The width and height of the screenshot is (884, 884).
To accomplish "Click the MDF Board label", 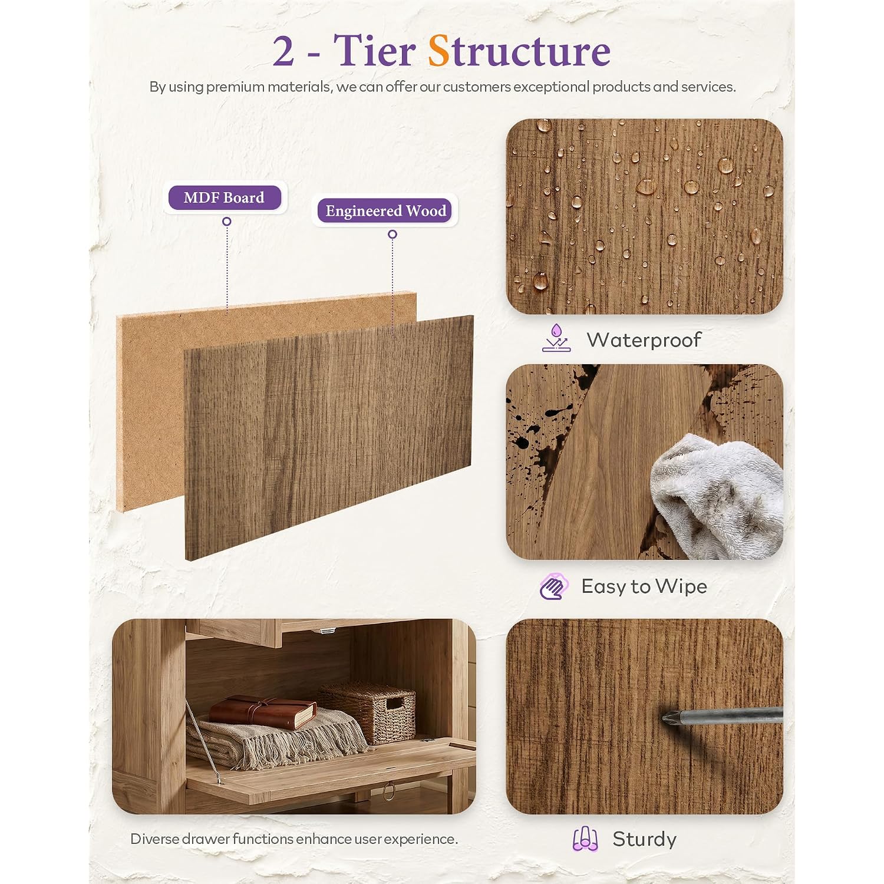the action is pos(224,197).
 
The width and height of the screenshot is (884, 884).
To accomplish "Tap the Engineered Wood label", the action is pos(385,211).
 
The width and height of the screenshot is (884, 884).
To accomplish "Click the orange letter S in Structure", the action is pos(438,51).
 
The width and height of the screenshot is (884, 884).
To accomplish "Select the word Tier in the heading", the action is pos(375,50).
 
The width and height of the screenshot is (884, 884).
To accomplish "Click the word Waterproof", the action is pos(644,340).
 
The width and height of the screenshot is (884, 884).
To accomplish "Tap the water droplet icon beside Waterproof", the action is pos(556,338).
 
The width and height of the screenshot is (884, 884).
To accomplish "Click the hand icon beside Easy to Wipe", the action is pos(554,586).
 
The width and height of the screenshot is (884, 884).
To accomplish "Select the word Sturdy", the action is pos(645,839).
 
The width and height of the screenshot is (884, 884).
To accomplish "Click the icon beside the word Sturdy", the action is pos(585,839).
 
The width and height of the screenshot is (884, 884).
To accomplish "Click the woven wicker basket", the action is pos(369,712).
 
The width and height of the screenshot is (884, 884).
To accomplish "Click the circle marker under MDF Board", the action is pos(226,222).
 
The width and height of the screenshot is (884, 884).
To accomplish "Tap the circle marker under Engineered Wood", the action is pos(392,235).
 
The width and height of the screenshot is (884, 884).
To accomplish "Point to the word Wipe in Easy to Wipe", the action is pos(681,587).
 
